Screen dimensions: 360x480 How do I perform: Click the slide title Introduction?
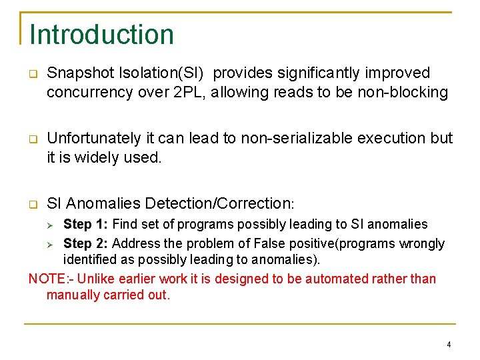tap(101, 35)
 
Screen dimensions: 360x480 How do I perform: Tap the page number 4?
tap(449, 345)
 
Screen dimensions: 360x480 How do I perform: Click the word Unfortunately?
tap(93, 139)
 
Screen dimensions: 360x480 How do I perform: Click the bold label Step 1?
tap(85, 225)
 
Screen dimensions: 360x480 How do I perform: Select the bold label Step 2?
tap(85, 244)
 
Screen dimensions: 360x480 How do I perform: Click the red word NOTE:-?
tap(49, 279)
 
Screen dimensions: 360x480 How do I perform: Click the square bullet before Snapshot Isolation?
tap(32, 73)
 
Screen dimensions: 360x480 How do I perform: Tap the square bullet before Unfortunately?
tap(32, 139)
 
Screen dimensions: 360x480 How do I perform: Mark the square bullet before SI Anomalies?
tap(32, 204)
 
